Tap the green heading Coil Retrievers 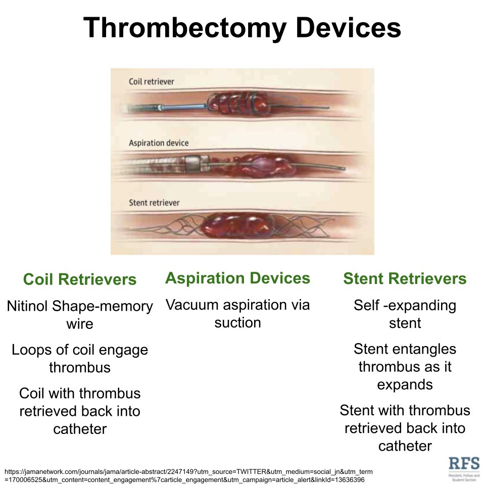tap(80, 279)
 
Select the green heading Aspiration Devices tap(237, 278)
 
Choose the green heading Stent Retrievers tap(405, 279)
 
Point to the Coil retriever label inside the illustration tap(152, 81)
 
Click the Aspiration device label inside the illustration tap(159, 143)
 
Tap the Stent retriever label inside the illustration tap(154, 203)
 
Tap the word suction tap(237, 322)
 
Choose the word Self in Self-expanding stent tap(367, 306)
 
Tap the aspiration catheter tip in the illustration tap(194, 163)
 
